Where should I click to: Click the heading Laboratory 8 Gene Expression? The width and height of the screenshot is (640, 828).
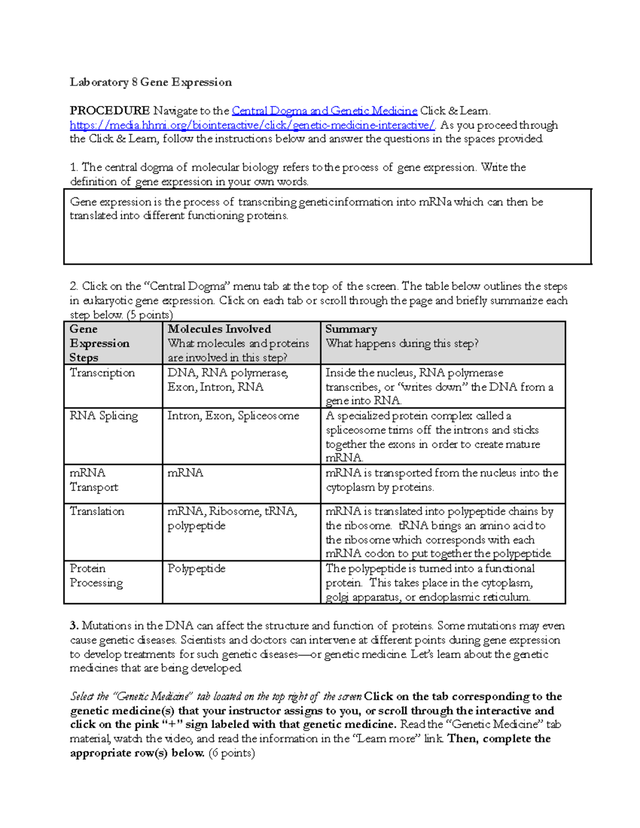point(150,82)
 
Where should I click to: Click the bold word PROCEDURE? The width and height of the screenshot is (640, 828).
point(109,111)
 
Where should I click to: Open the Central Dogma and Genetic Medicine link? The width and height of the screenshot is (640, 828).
point(324,111)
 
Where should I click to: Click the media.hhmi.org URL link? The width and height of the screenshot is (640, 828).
point(252,125)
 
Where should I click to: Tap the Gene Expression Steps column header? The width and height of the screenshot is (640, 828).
point(99,343)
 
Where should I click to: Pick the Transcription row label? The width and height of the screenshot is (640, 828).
point(102,373)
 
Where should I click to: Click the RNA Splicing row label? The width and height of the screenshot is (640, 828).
point(103,416)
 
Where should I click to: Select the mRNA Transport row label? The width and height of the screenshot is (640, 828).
point(94,480)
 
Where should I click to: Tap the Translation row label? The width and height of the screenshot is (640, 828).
point(97,511)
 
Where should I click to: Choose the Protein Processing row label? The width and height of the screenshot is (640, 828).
point(96,576)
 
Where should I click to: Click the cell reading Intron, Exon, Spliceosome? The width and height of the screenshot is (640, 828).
point(233,416)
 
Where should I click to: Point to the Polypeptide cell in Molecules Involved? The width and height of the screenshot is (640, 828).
point(196,569)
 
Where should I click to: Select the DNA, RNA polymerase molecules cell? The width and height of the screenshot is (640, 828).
point(228,380)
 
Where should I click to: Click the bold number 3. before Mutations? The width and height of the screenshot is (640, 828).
point(74,626)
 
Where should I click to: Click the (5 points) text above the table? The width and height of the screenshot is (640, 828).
point(150,315)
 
